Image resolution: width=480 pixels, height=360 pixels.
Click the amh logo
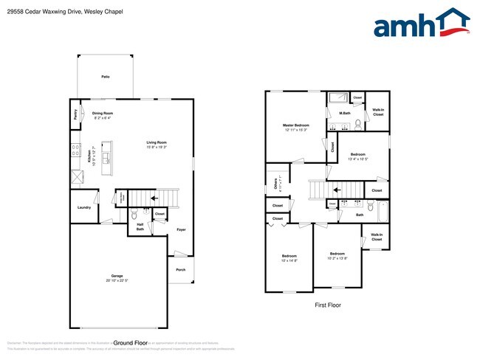[x=422, y=24]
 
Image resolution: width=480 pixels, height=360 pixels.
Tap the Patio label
[x=106, y=77]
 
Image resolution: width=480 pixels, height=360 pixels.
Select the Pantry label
[x=75, y=115]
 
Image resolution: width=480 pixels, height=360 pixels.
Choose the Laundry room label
[x=83, y=207]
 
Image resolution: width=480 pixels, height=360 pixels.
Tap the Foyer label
[x=181, y=229]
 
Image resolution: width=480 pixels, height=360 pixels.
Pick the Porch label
[x=181, y=270]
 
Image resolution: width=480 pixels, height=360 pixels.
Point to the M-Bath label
[x=344, y=113]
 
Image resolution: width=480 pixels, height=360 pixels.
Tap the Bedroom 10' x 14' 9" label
[x=288, y=258]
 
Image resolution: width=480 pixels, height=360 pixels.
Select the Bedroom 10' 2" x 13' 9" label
[x=337, y=255]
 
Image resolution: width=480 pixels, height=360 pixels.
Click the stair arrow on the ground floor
[x=154, y=198]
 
